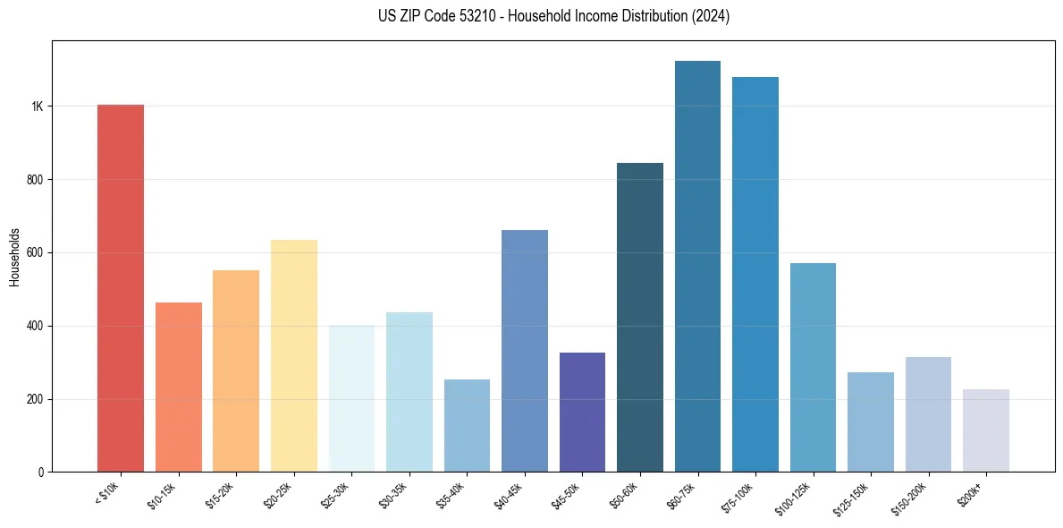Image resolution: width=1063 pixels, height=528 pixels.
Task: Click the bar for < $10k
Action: click(121, 288)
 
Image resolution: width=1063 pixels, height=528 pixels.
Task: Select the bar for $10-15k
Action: click(179, 387)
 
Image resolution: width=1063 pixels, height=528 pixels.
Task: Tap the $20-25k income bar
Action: click(294, 355)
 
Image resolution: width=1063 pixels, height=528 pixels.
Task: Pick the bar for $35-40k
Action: click(467, 425)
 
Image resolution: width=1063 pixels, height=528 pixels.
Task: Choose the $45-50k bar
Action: click(582, 412)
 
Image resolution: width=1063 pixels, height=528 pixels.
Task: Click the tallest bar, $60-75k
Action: click(697, 266)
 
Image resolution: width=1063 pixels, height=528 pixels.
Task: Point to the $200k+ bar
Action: click(986, 430)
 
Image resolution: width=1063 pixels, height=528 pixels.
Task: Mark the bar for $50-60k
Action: click(640, 317)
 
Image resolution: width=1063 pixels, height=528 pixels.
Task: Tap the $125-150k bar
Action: click(871, 422)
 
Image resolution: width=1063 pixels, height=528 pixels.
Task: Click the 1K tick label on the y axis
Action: click(37, 106)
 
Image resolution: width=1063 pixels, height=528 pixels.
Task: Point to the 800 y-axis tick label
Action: click(35, 180)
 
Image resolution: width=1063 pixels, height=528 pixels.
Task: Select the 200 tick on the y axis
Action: click(35, 399)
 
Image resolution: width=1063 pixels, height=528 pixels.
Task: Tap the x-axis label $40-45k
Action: click(508, 494)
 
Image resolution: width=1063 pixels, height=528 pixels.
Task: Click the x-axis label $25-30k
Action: click(334, 494)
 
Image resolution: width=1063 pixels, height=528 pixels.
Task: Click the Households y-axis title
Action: click(14, 256)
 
